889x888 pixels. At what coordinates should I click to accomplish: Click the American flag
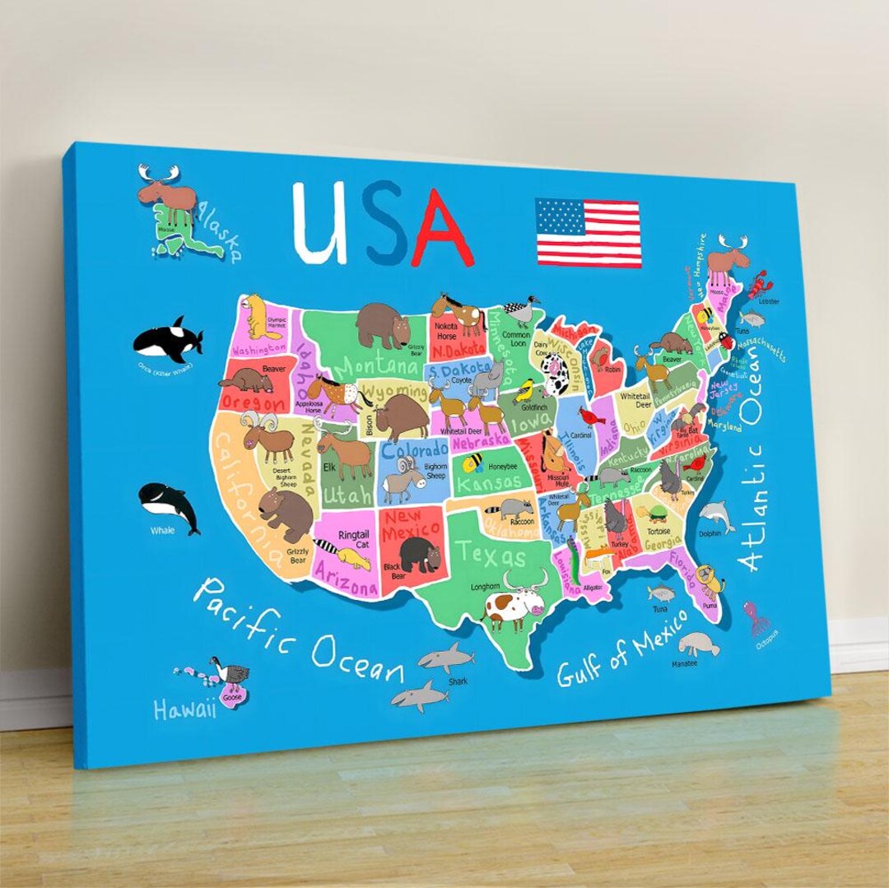pos(588,232)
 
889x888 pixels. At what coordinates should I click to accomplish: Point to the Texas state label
pos(493,554)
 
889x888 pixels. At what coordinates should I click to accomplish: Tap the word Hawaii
pos(185,708)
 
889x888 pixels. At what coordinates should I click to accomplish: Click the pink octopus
pos(756,616)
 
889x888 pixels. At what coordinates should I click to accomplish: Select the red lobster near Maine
pos(756,284)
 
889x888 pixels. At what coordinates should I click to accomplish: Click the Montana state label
pos(375,365)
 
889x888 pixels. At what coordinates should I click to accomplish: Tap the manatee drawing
pos(698,643)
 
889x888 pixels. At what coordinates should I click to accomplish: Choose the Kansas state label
pos(488,482)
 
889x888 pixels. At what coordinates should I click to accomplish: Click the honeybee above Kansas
pos(472,463)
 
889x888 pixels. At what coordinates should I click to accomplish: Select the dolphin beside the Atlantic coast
pos(716,515)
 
